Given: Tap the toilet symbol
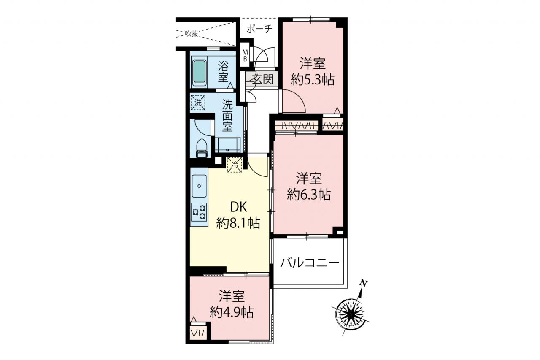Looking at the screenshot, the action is (202, 148).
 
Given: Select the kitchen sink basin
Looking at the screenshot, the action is (199, 186).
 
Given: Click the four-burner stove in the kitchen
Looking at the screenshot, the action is (199, 212).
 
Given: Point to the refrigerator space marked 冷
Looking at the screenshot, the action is (235, 165).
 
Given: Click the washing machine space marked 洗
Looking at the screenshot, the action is (198, 103).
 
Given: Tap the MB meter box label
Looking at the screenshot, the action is (245, 55).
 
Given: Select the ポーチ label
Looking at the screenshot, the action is (259, 29).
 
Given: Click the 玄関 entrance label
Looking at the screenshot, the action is (263, 79).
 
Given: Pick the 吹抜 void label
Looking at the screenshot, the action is (192, 34).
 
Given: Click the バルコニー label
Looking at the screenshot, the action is (310, 263).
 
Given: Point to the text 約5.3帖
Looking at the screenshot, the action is (313, 80).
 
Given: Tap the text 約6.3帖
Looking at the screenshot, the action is (309, 195).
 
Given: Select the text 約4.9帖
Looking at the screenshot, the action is (232, 312).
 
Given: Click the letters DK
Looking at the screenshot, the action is (239, 207).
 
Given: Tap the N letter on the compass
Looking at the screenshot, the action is (364, 283).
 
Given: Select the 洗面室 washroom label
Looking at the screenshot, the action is (227, 116).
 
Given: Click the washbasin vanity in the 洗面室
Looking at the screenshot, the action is (227, 145).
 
